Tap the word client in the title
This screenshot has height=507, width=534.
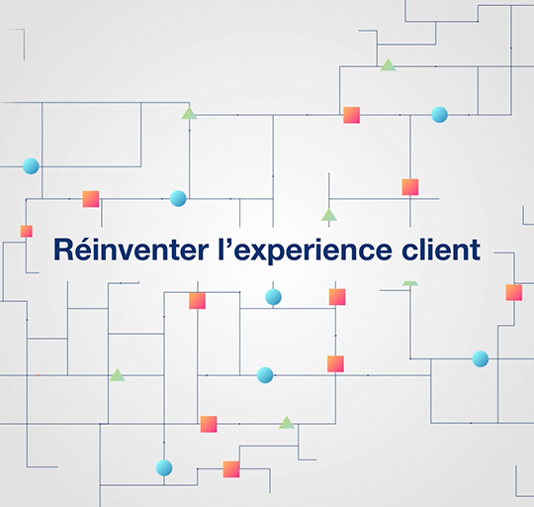(x=441, y=250)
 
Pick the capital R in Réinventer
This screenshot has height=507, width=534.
(x=63, y=250)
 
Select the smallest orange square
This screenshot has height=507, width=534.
(x=27, y=231)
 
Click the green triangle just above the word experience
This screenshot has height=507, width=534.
(x=329, y=216)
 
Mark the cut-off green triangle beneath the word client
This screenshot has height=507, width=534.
(x=410, y=283)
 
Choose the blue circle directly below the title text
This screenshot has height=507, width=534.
(x=274, y=297)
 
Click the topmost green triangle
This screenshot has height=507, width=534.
(x=389, y=65)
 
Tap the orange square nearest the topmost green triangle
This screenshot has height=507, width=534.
(x=351, y=115)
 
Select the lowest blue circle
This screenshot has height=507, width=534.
(x=164, y=467)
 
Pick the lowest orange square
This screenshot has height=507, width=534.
(x=231, y=469)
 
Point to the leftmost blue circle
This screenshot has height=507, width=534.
(x=31, y=166)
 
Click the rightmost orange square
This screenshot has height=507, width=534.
(x=514, y=292)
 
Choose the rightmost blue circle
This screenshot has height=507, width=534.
(x=481, y=359)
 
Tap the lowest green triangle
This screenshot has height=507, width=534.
(x=287, y=423)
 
